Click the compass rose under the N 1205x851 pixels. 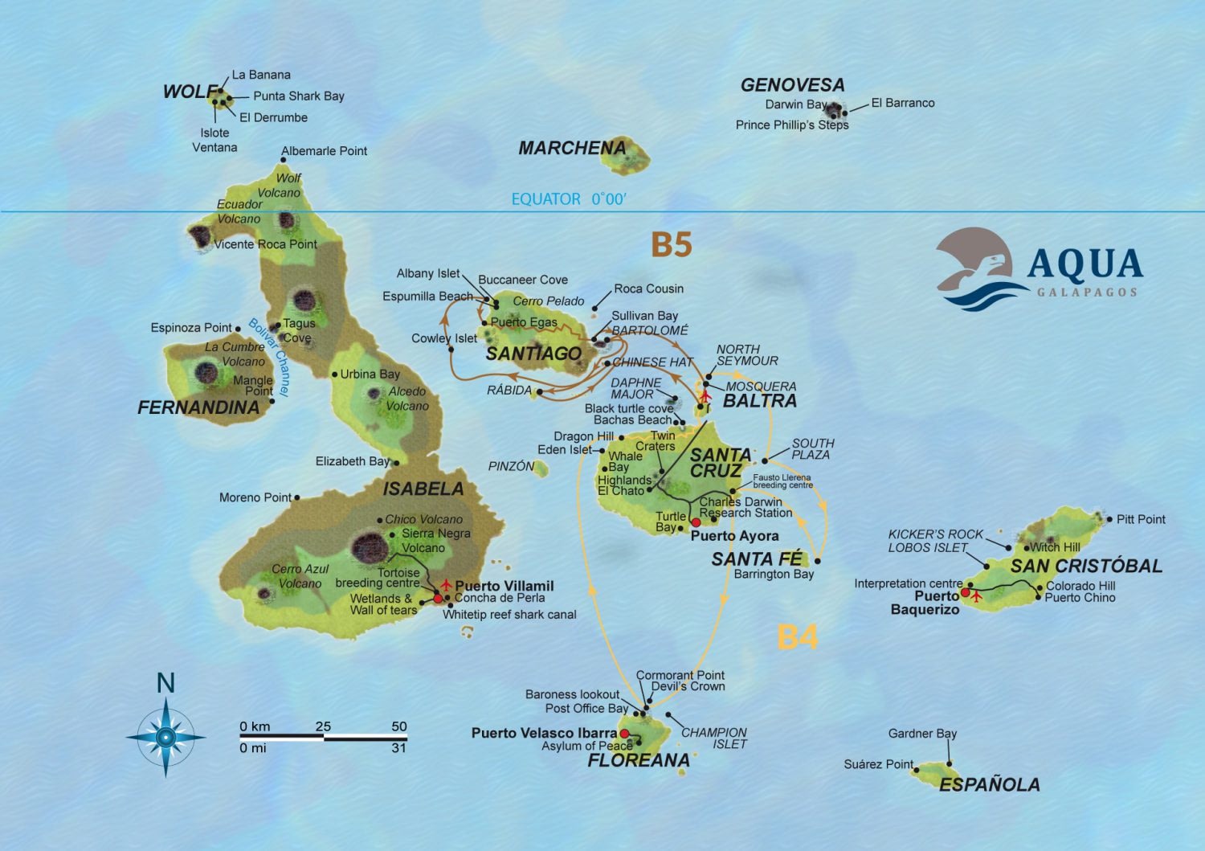tap(165, 736)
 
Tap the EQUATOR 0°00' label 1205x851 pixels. tap(568, 199)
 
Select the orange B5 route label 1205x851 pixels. tap(671, 244)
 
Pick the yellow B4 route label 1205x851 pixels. tap(798, 637)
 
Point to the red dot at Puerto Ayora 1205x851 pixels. tap(696, 522)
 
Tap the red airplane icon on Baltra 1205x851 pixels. tap(706, 395)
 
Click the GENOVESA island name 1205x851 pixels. tap(792, 85)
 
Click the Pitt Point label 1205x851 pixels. tap(1141, 519)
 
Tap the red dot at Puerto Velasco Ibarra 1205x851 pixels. tap(624, 734)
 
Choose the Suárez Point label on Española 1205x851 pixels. tap(878, 764)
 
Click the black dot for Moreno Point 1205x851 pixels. tap(297, 497)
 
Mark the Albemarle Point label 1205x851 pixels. tap(324, 151)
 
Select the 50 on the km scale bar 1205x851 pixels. tap(398, 726)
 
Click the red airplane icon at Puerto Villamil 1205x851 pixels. tap(446, 584)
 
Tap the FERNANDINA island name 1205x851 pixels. tap(198, 407)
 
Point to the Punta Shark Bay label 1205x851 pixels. tap(298, 96)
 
